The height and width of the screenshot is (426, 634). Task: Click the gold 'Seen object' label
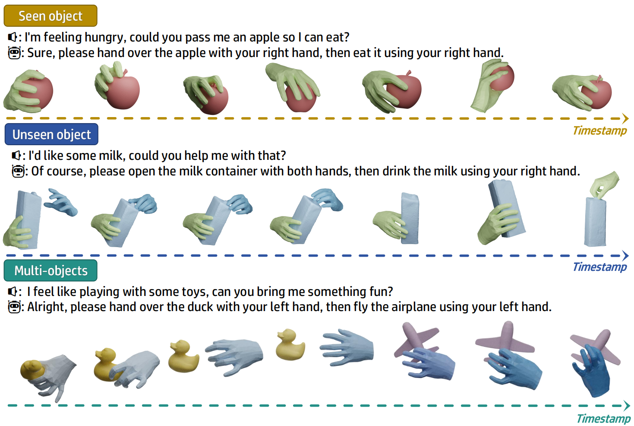[50, 16]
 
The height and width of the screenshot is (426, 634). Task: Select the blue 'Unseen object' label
[51, 134]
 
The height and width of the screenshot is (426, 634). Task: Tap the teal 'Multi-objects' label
[50, 270]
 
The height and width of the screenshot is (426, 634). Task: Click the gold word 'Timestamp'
[600, 131]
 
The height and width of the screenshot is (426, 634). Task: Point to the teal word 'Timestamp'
[603, 419]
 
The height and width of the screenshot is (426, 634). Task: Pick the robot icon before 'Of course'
[19, 171]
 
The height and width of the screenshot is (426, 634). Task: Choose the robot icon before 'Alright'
[14, 307]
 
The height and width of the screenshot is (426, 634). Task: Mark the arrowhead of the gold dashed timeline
[625, 118]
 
